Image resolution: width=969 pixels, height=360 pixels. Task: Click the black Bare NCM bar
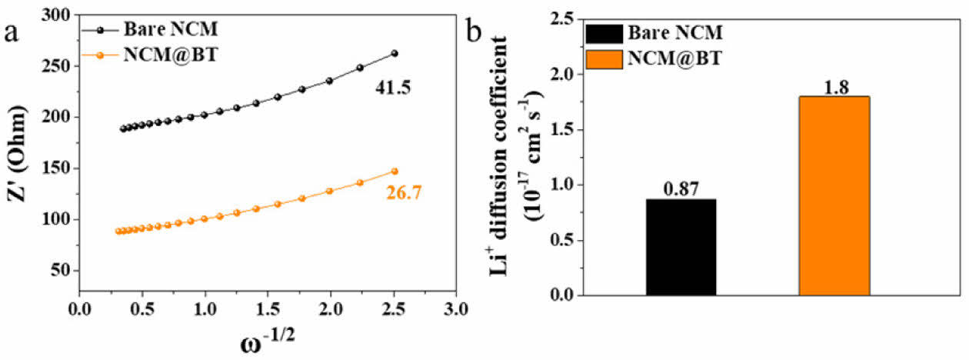click(x=681, y=247)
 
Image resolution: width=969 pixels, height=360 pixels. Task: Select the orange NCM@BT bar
click(x=834, y=195)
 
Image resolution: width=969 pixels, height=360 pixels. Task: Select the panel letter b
click(x=475, y=32)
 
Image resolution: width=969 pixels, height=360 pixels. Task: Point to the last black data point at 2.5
click(x=395, y=53)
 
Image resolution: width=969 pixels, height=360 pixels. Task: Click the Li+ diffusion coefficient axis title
click(x=510, y=154)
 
